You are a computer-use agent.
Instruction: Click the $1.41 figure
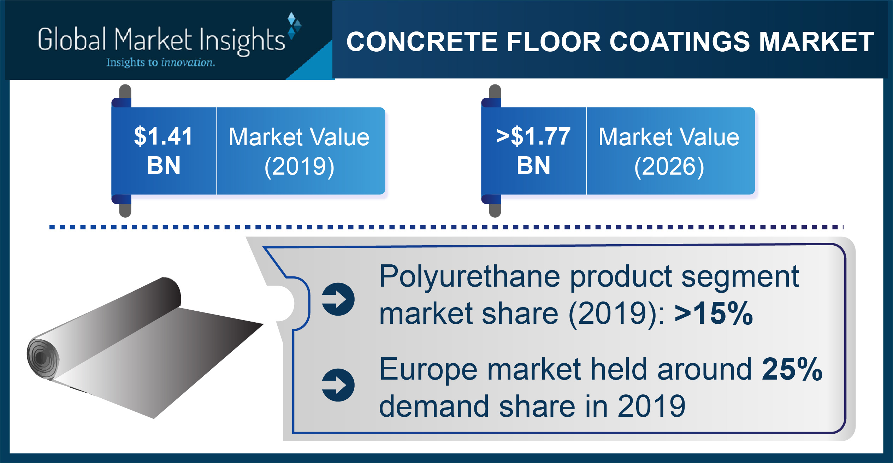coord(163,136)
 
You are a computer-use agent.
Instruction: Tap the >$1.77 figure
coord(533,136)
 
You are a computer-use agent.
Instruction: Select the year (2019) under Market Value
coord(299,166)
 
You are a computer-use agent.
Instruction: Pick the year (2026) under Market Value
coord(669,166)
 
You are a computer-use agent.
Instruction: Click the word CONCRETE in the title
coord(422,42)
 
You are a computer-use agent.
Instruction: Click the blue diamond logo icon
coord(294,25)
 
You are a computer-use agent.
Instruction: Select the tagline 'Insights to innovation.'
coord(161,63)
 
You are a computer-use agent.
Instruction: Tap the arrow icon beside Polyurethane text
coord(338,299)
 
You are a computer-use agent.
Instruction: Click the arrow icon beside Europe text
coord(338,385)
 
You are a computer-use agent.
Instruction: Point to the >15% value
coord(714,313)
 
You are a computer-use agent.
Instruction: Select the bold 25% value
coord(792,369)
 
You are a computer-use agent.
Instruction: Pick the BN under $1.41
coord(164,165)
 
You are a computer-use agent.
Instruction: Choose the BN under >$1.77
coord(533,165)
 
